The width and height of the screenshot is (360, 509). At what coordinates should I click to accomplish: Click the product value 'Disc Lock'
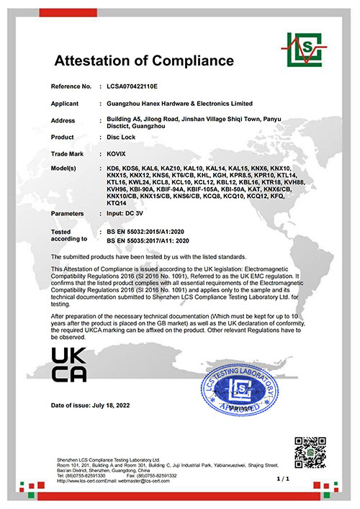coord(120,137)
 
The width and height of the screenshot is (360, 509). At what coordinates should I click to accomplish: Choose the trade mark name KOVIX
coord(116,153)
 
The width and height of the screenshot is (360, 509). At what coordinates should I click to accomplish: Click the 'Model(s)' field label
coord(68,167)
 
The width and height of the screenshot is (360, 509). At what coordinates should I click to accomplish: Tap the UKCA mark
coord(69,364)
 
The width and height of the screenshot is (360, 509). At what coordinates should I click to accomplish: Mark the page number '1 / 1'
coord(302,478)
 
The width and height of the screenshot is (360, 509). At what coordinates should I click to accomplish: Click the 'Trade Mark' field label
coord(68,153)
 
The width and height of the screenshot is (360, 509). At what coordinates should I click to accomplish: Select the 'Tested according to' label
coord(68,235)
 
